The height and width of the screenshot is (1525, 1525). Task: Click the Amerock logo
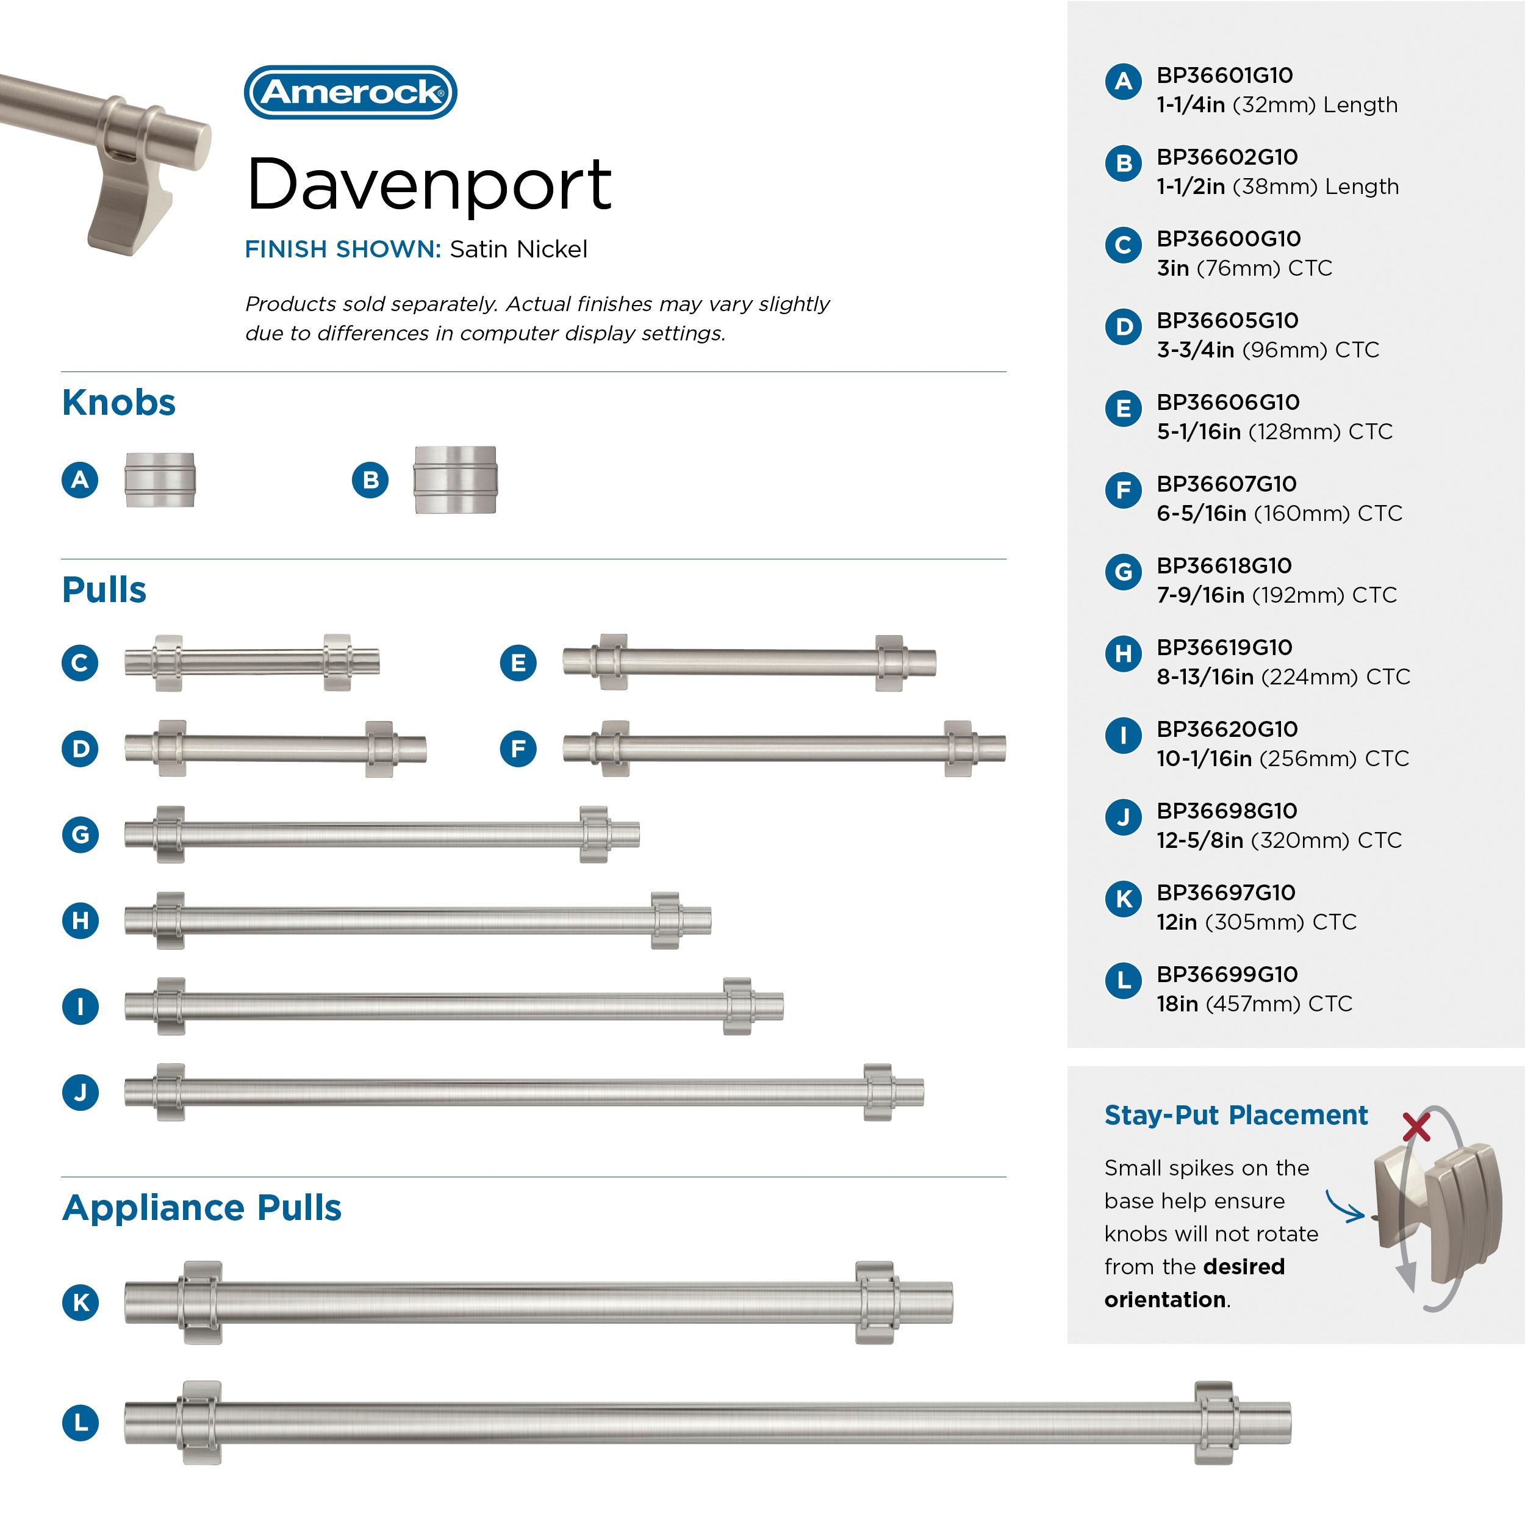[x=351, y=92]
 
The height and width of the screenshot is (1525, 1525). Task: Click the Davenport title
[x=429, y=185]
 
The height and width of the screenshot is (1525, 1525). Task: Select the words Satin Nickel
[x=518, y=249]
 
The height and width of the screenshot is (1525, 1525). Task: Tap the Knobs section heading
[x=118, y=403]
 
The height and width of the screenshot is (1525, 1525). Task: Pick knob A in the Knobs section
[x=159, y=480]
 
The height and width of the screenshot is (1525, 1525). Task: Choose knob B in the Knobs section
[x=456, y=480]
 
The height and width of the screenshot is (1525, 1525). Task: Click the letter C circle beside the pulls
[x=80, y=662]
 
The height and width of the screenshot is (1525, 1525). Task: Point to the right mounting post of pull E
[x=889, y=662]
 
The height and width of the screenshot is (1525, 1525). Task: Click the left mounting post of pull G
[x=170, y=834]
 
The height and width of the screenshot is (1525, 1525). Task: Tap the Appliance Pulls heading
[x=201, y=1208]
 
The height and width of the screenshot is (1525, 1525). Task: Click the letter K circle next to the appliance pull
[x=80, y=1302]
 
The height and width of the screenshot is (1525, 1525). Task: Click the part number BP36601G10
[x=1224, y=76]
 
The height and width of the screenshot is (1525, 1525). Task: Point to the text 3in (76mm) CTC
[x=1244, y=268]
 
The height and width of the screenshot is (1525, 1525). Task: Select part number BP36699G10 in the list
[x=1227, y=974]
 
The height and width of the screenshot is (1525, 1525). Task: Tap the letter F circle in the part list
[x=1123, y=490]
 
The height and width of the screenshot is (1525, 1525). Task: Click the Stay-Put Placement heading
[x=1235, y=1114]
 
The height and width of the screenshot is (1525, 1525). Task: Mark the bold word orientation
[x=1165, y=1299]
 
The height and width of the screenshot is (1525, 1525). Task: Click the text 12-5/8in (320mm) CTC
[x=1279, y=840]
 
